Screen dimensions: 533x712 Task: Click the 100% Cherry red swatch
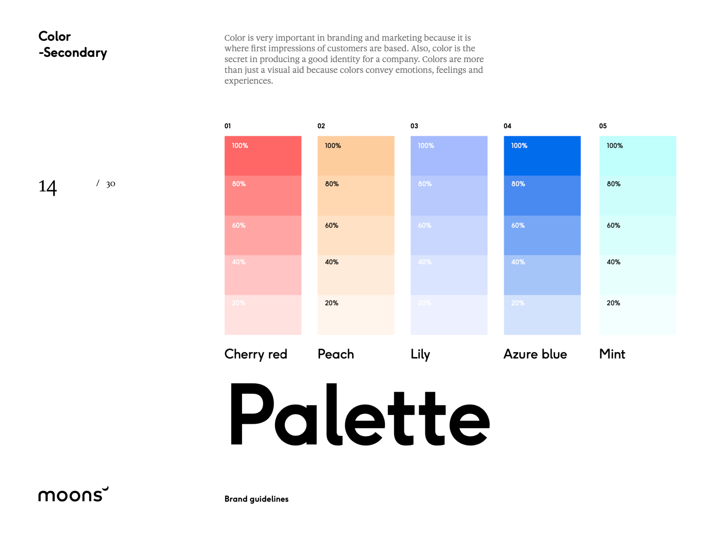pos(262,156)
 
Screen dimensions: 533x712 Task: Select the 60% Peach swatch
pos(356,235)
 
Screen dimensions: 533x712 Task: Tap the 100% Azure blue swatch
pos(542,156)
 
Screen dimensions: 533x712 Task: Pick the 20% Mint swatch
pos(637,315)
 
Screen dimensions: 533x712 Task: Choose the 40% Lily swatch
pos(449,275)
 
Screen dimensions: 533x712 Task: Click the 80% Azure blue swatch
pos(542,196)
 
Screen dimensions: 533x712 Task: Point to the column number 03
pos(414,126)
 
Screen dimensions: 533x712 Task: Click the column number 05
pos(603,126)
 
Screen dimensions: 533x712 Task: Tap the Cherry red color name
pos(256,354)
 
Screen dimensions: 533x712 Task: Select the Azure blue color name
pos(535,354)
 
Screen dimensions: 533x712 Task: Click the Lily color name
pos(420,355)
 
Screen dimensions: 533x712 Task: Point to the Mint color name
pos(612,354)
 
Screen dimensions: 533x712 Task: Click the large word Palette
pos(359,415)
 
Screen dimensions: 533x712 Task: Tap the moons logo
pos(73,494)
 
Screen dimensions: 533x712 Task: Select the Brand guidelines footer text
pos(256,499)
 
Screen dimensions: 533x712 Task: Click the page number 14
pos(48,187)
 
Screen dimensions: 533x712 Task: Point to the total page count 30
pos(110,184)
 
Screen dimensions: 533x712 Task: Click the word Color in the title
pos(54,36)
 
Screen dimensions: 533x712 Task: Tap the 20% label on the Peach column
pos(331,303)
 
